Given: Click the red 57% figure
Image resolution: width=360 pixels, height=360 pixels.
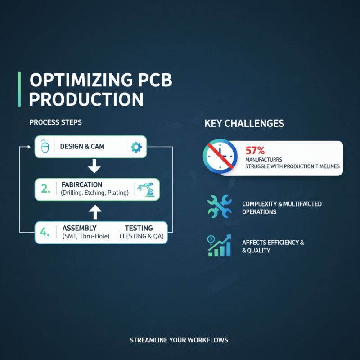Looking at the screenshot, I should click(x=255, y=150).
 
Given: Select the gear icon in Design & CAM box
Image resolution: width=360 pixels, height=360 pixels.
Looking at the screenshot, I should click(x=135, y=147).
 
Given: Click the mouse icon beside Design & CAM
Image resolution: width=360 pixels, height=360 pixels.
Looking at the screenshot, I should click(x=45, y=147).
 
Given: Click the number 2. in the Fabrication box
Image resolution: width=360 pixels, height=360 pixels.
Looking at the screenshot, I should click(x=46, y=189).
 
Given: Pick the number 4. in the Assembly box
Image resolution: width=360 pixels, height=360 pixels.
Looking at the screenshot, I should click(x=45, y=232).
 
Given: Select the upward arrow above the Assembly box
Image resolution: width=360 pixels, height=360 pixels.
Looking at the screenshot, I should click(x=94, y=211).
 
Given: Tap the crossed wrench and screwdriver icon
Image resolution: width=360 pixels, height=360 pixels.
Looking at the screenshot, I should click(x=220, y=207).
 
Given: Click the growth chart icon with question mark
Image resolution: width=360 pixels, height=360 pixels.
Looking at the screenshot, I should click(x=220, y=245).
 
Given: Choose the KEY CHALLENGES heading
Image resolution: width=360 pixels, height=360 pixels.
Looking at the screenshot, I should click(x=244, y=123).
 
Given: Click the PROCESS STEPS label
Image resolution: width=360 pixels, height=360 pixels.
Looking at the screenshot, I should click(x=55, y=122).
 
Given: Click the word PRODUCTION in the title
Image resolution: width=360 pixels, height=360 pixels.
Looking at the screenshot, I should click(x=86, y=99).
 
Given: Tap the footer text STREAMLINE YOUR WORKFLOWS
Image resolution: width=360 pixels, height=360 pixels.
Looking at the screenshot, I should click(x=179, y=340).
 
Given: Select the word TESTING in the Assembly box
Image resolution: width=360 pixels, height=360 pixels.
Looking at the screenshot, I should click(x=139, y=228).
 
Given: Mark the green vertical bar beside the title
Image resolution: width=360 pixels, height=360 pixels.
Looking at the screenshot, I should click(x=19, y=89).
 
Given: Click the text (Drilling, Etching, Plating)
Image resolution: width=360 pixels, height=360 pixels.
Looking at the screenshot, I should click(x=94, y=193).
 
